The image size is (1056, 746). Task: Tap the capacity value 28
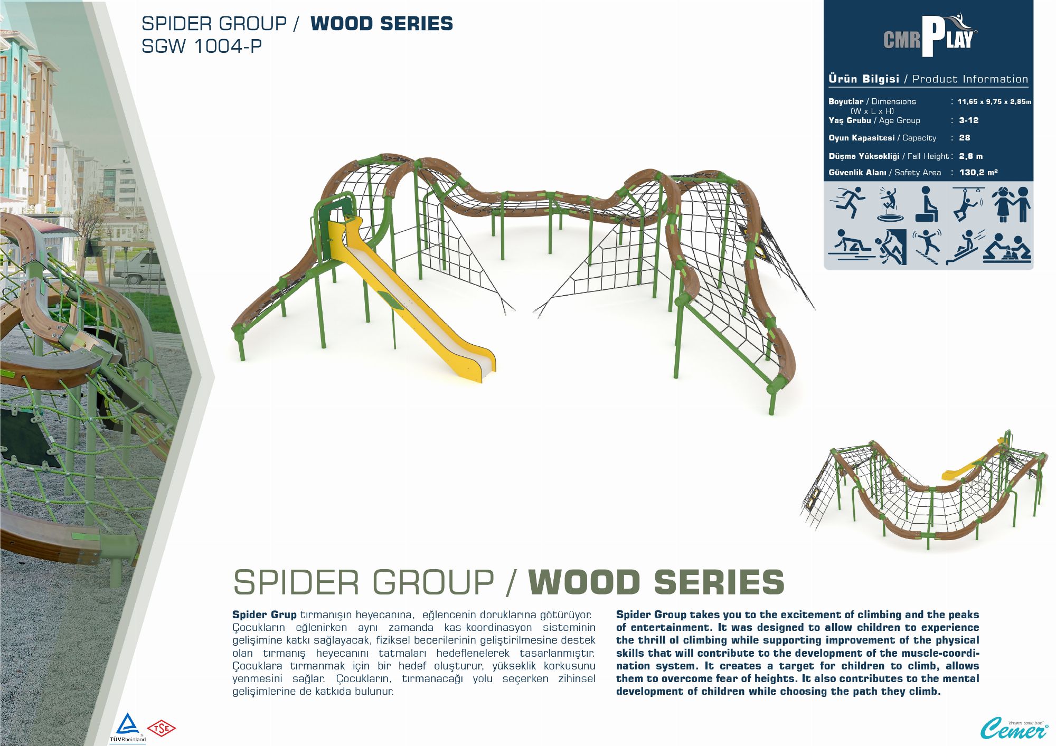point(965,138)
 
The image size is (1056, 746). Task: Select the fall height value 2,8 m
point(971,156)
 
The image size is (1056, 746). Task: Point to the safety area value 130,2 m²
point(978,172)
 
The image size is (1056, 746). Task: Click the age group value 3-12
point(969,120)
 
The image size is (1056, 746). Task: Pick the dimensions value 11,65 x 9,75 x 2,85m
point(994,101)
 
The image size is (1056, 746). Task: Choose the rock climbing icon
point(890,247)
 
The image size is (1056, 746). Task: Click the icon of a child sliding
point(965,247)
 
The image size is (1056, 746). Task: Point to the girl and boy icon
point(1011,204)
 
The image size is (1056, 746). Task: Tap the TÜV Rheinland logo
point(127,728)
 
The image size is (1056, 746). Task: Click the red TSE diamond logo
point(161,729)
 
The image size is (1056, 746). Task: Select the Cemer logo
point(1014,729)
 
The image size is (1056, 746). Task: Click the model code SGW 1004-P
point(202,46)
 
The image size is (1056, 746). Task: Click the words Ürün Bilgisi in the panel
point(864,79)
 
